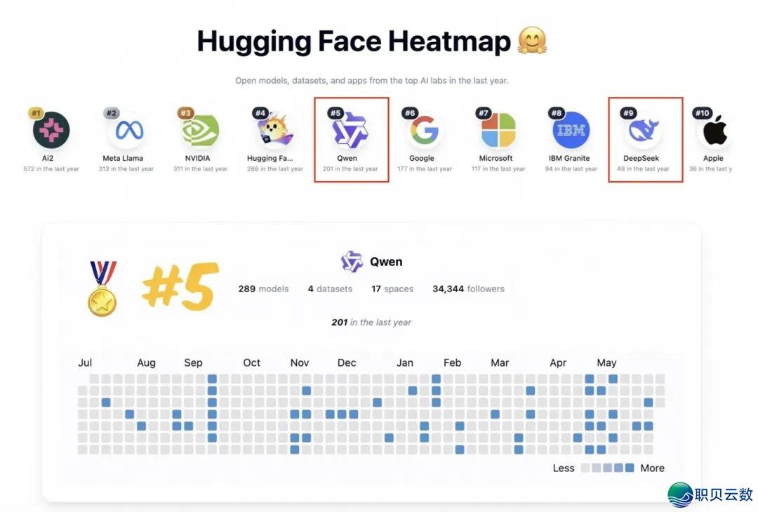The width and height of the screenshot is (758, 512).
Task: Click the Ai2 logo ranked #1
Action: (51, 130)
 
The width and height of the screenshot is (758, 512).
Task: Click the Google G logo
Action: (424, 130)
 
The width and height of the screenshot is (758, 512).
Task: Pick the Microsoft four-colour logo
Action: (498, 130)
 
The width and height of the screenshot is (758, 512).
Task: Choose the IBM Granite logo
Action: (571, 130)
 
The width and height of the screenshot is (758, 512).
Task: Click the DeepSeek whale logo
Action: (644, 130)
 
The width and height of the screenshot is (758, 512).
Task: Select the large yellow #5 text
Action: (180, 287)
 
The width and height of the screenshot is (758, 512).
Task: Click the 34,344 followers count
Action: (468, 289)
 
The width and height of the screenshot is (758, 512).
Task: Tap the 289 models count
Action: (263, 289)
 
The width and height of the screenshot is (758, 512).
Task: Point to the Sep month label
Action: (193, 363)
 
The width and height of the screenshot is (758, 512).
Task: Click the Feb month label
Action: (453, 363)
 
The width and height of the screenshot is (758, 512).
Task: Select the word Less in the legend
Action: (563, 468)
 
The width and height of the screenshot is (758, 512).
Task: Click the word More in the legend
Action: (652, 468)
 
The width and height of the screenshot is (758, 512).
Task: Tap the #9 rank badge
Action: (629, 113)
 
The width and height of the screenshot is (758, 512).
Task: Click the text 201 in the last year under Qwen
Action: (371, 322)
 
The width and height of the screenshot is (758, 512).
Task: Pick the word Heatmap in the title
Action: (450, 42)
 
